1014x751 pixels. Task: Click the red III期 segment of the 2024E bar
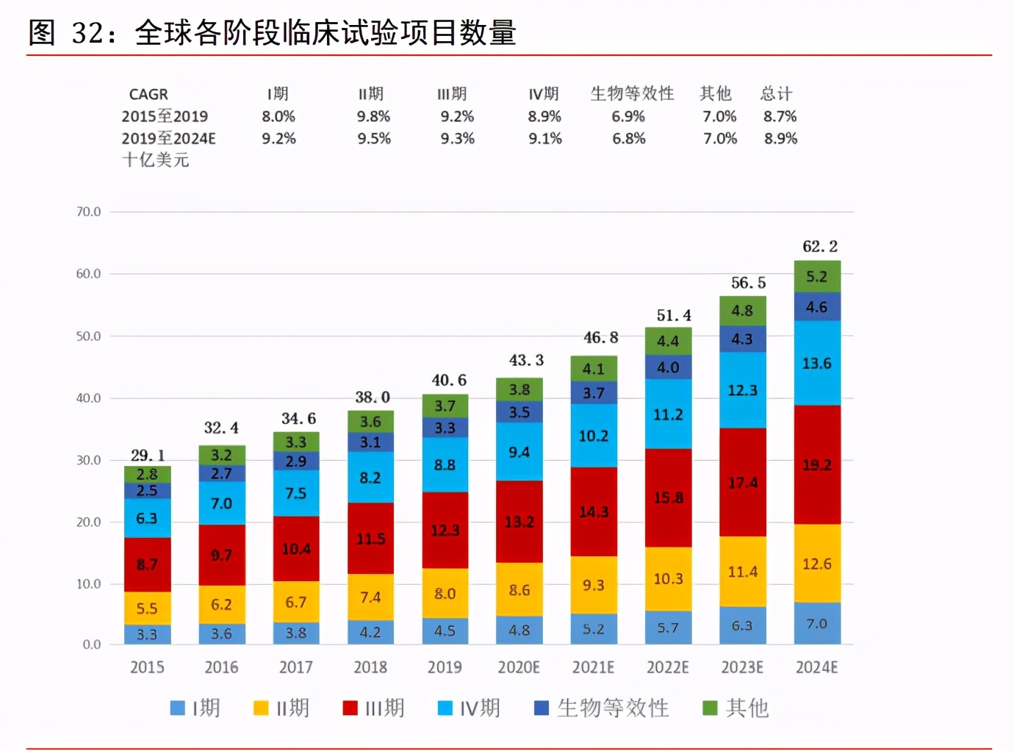click(817, 464)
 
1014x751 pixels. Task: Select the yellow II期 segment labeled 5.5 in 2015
click(147, 608)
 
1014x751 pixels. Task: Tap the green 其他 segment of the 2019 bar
click(445, 406)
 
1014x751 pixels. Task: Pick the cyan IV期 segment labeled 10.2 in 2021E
click(594, 436)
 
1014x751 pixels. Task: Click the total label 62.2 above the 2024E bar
click(819, 246)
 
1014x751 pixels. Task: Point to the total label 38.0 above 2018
click(373, 398)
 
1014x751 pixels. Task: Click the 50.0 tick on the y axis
click(88, 336)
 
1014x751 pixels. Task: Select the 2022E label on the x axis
click(667, 667)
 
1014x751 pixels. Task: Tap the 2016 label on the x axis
click(221, 667)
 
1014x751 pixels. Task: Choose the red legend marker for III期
click(350, 708)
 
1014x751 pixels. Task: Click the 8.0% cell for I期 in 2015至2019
click(278, 116)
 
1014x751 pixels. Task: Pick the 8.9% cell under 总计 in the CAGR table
click(780, 138)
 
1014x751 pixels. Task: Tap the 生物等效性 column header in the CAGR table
click(632, 93)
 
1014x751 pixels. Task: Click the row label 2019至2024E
click(168, 138)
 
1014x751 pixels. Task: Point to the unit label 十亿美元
click(156, 159)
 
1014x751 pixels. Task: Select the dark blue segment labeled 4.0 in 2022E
click(668, 367)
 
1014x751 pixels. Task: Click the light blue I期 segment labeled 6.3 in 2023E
click(742, 625)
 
